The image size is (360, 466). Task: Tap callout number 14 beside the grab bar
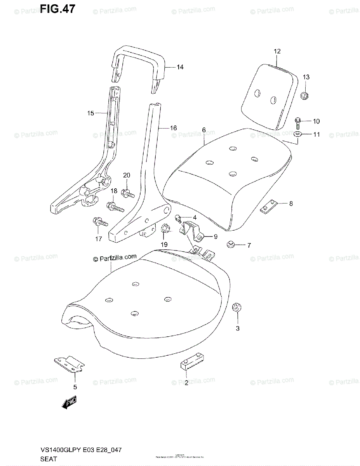tap(180, 67)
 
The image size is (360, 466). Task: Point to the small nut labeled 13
tap(304, 95)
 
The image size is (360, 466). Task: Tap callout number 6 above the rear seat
tap(204, 130)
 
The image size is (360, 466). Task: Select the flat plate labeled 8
tap(268, 206)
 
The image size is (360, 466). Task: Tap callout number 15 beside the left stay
tap(90, 113)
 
